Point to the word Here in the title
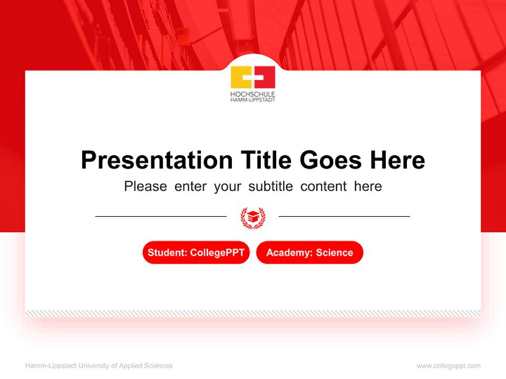pos(397,160)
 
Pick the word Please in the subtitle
pos(145,186)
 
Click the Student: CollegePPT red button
pos(196,253)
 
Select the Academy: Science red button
pos(309,253)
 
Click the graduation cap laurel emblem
pos(253,217)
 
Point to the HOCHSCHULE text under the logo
pos(253,94)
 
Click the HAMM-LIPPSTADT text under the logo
pos(253,99)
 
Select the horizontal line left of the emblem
pos(161,216)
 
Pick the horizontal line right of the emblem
pos(344,216)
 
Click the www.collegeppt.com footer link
pos(449,366)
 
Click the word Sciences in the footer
pos(158,366)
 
